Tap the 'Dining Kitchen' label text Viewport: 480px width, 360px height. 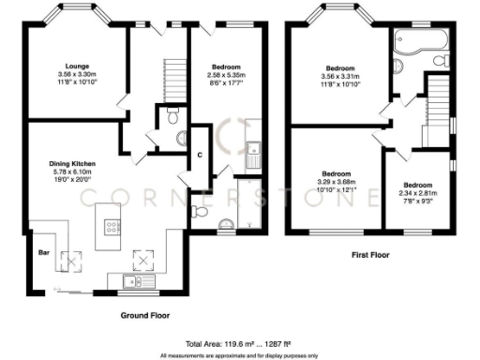point(72,163)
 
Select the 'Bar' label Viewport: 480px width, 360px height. point(41,252)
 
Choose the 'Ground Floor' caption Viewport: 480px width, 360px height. point(145,316)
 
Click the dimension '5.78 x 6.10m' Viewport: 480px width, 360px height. point(72,172)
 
